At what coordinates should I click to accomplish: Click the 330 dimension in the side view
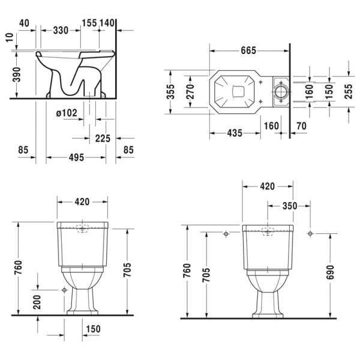click(x=61, y=31)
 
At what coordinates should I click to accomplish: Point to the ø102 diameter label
click(x=67, y=113)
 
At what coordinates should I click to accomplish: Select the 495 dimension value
click(x=76, y=157)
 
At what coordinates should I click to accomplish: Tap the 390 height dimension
click(x=17, y=74)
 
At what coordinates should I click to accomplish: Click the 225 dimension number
click(x=103, y=139)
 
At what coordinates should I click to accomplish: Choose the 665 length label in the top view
click(x=248, y=50)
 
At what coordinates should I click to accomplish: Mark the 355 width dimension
click(x=170, y=92)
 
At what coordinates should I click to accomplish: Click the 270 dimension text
click(x=190, y=92)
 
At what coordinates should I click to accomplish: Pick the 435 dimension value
click(x=235, y=133)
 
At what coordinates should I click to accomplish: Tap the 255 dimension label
click(x=348, y=91)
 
